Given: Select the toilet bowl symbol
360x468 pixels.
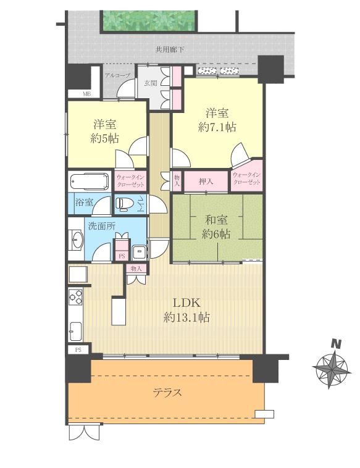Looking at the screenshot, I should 125,203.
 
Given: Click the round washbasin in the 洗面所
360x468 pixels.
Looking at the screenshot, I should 77,240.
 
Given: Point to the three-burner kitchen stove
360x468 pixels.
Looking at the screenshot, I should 76,296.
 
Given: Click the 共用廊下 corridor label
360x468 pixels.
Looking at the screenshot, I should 169,49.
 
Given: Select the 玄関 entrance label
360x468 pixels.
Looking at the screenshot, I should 149,83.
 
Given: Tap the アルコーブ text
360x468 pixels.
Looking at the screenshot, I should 117,75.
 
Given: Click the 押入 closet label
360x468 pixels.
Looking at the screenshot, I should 206,182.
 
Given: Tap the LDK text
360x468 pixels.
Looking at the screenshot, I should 185,303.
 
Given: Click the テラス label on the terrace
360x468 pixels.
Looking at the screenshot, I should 167,392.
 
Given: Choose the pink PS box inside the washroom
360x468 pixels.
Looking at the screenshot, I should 122,253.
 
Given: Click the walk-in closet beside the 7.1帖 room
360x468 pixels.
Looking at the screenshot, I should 247,179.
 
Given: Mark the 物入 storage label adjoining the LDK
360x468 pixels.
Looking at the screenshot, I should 136,269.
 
